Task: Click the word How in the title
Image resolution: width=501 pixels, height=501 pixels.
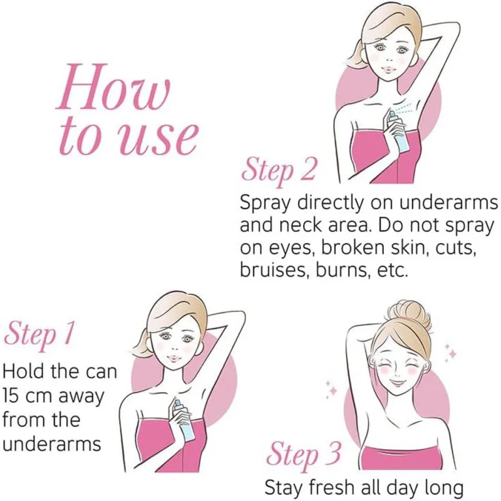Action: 113,87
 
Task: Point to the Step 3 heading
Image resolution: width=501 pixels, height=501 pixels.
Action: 304,454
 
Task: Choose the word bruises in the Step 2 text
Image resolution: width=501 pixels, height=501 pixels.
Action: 274,271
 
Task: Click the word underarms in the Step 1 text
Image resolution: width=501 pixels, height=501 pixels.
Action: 52,444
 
